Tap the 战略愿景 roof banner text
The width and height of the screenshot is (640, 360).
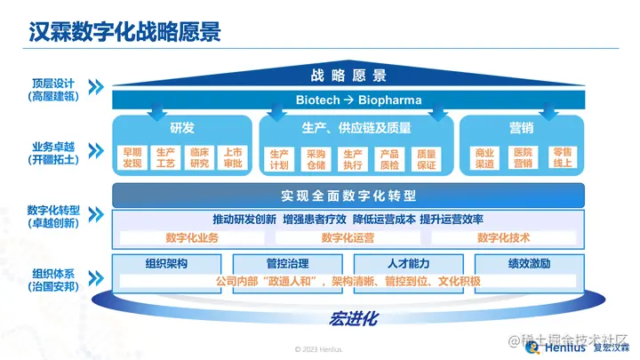tap(348, 76)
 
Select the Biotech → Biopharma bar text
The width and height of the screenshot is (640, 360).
tap(358, 100)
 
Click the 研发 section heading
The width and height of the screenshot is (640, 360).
tap(181, 128)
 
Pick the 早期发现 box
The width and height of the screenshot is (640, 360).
tap(132, 157)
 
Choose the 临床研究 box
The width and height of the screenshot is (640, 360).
tap(199, 157)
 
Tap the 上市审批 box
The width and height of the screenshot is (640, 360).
tap(233, 157)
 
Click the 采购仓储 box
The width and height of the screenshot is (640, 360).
tap(316, 159)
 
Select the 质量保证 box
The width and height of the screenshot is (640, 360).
tap(426, 159)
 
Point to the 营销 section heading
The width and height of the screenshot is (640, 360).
tap(522, 128)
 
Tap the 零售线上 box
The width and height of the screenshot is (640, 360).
tap(561, 157)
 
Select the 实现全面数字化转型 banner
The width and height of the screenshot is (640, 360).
tap(348, 196)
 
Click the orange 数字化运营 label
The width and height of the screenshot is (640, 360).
tap(348, 237)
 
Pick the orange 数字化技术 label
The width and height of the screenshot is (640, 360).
tap(503, 237)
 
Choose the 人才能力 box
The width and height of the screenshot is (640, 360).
tap(409, 263)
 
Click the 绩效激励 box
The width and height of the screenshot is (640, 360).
tap(529, 263)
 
